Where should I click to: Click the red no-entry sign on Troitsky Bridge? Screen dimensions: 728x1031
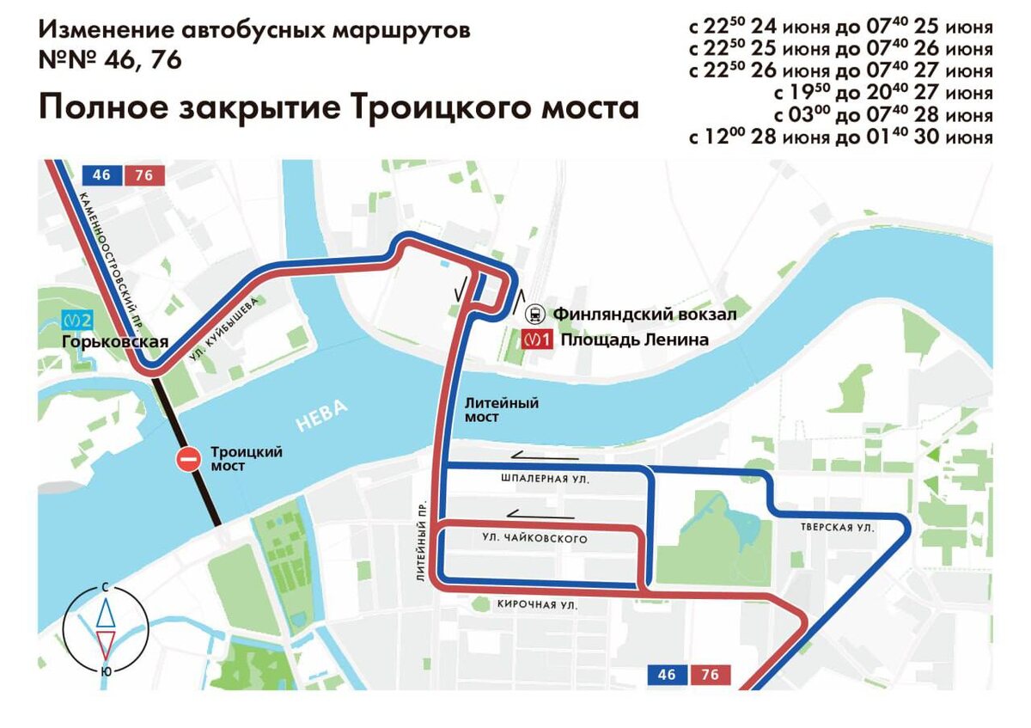(187, 459)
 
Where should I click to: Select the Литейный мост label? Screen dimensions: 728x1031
(501, 409)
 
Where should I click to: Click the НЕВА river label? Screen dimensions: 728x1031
(323, 417)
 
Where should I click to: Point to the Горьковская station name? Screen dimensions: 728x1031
(114, 341)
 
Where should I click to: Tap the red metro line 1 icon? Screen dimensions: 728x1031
(537, 340)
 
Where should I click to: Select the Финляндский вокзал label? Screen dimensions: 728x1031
(644, 315)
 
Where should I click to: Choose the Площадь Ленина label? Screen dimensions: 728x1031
(634, 340)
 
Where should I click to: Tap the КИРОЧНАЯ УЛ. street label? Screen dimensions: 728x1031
(537, 605)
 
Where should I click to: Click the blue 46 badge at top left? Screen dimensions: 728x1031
(101, 175)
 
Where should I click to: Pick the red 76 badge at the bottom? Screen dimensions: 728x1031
(710, 675)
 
